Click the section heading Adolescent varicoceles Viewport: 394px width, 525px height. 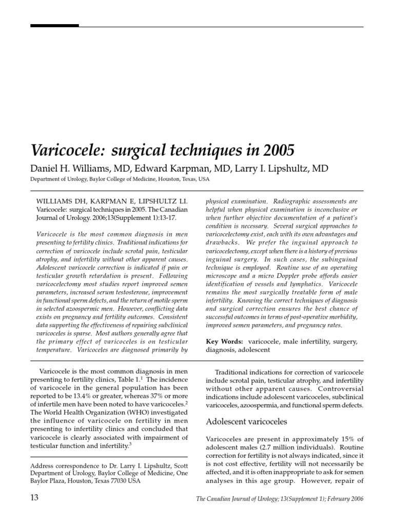[246, 421]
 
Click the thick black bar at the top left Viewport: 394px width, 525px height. [54, 25]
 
